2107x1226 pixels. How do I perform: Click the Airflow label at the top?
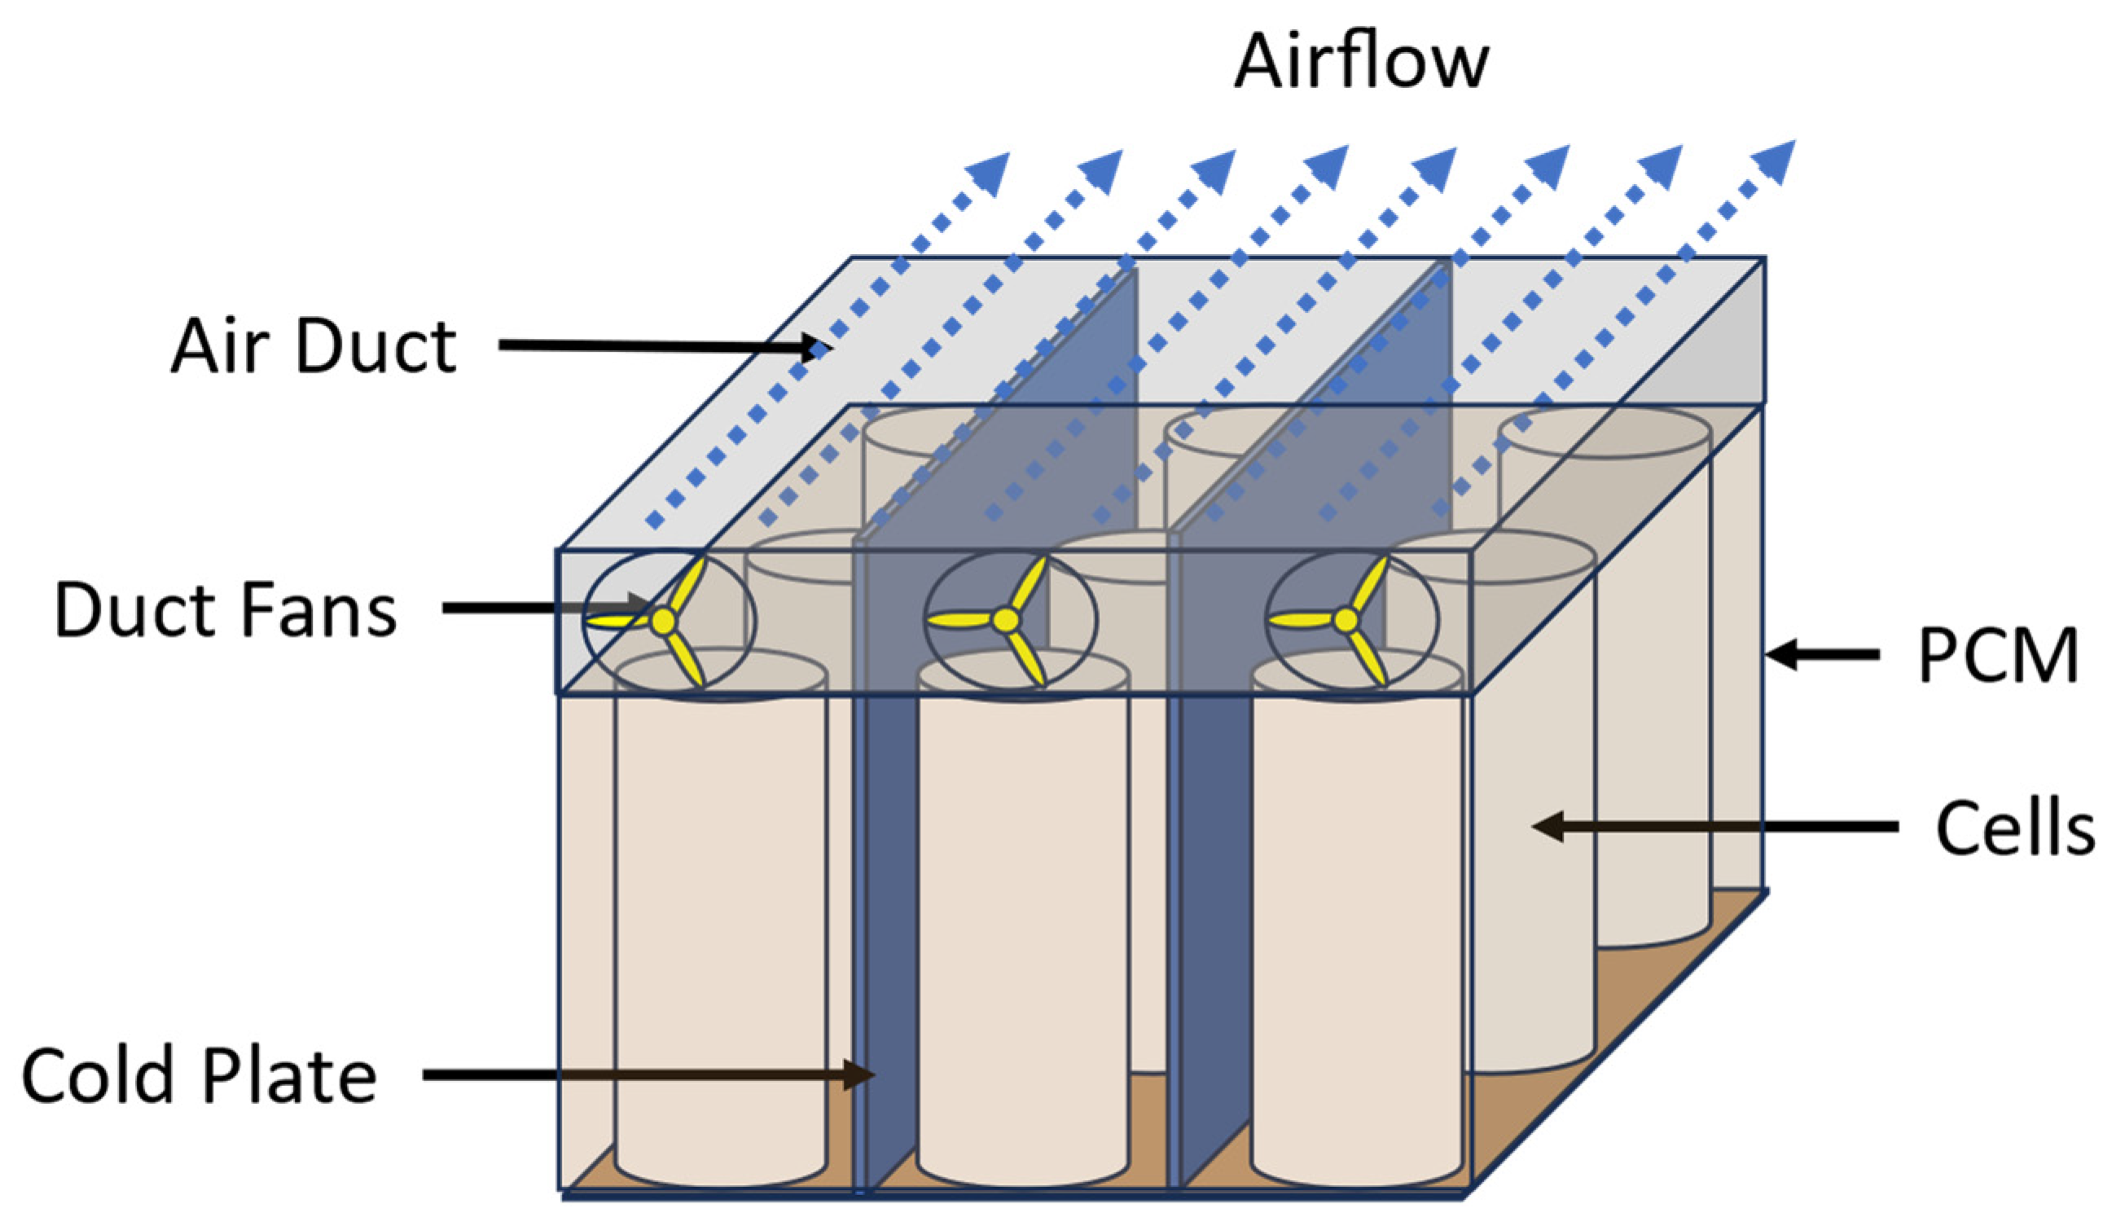1360,62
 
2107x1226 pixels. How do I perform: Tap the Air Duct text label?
314,346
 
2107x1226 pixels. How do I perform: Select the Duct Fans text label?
225,609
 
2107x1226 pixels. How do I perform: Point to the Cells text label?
2014,828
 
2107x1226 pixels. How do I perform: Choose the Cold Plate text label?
199,1076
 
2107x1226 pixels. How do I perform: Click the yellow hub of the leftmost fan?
663,621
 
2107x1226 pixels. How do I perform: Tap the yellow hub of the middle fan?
1006,620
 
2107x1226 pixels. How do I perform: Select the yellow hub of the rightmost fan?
1346,620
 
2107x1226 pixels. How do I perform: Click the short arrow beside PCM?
1823,655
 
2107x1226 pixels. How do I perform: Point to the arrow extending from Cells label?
1714,827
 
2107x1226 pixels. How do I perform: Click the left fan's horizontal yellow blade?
617,622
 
